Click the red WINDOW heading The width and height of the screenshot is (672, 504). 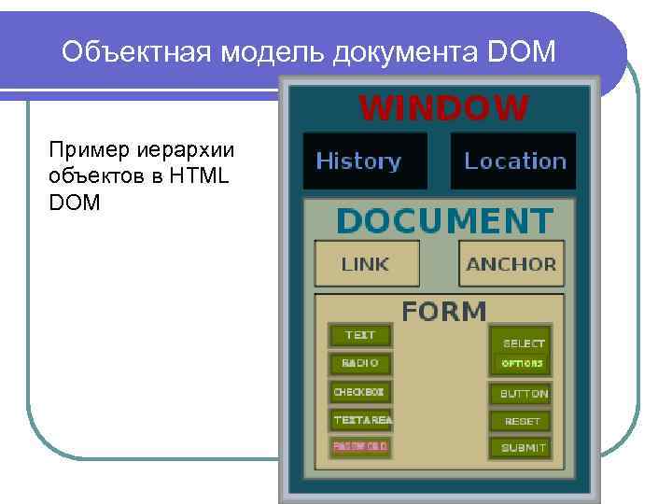click(443, 109)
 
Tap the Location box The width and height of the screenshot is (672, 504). click(514, 161)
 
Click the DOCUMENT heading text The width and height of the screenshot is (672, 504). click(443, 221)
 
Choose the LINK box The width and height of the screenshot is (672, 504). click(366, 264)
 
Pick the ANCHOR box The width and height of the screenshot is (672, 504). click(511, 264)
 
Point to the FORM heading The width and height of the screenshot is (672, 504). click(443, 311)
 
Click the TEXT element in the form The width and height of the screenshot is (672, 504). click(360, 335)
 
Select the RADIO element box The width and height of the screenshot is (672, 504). click(360, 363)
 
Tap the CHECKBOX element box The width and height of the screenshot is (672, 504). click(360, 392)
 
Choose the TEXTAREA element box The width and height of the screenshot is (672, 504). click(360, 420)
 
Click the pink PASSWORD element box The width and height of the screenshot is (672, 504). click(360, 447)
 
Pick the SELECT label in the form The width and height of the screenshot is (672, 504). click(524, 343)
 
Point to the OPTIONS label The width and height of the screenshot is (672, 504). click(522, 363)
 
